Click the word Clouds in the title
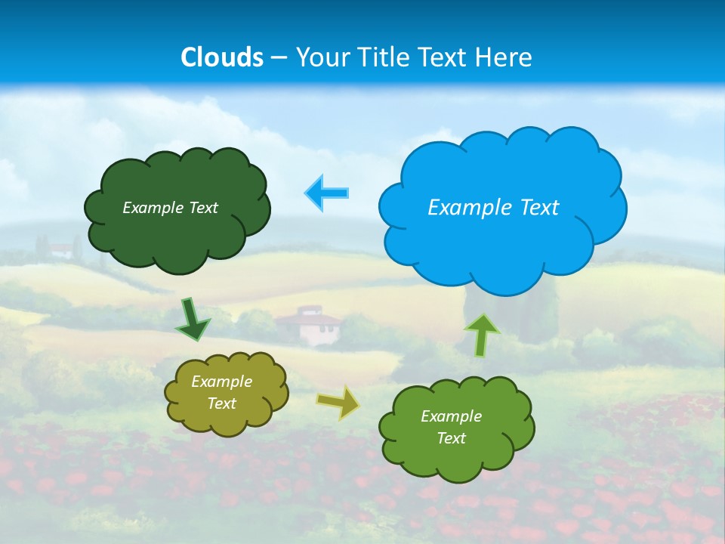coord(222,57)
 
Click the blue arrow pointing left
coord(326,193)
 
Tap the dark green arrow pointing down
coord(192,320)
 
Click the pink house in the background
coord(310,324)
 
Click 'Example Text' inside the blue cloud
coord(493,208)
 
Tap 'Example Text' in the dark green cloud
coord(170,208)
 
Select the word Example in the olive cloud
coord(221,382)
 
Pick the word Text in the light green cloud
coord(451,438)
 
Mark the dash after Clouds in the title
coord(279,57)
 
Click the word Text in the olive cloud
coord(221,403)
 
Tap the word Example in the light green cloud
coord(451,416)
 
